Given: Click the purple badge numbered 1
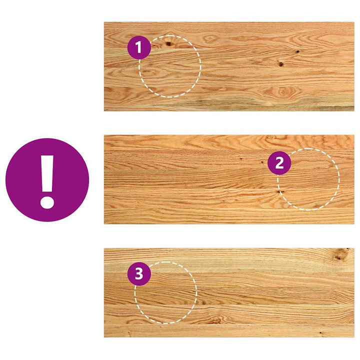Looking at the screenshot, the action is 139,47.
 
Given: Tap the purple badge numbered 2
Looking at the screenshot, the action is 279,163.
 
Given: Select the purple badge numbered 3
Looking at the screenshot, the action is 139,274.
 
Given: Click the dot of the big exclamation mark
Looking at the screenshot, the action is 47,202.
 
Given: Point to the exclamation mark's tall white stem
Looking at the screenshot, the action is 47,174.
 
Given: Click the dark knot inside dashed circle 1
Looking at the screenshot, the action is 169,43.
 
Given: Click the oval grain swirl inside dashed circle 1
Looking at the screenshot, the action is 148,71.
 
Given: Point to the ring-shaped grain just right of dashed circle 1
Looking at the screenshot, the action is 209,38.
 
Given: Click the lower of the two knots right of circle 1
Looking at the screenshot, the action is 281,64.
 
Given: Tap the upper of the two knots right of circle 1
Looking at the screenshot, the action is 297,51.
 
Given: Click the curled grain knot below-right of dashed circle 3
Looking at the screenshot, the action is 216,320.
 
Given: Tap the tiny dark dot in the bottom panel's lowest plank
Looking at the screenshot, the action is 320,332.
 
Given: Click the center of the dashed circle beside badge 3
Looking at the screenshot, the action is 166,292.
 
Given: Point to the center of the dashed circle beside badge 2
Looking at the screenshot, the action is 308,179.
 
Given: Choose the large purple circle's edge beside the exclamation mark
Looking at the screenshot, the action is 5,180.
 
